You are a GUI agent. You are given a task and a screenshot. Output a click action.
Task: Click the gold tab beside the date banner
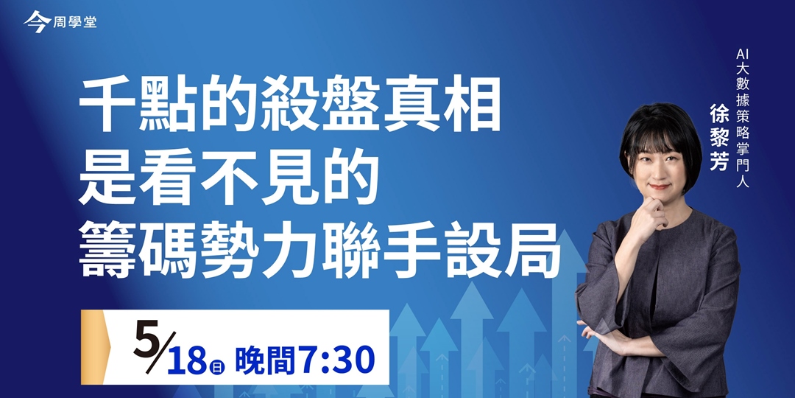pos(92,346)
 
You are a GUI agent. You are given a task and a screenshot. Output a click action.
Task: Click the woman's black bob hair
pos(659,129)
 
